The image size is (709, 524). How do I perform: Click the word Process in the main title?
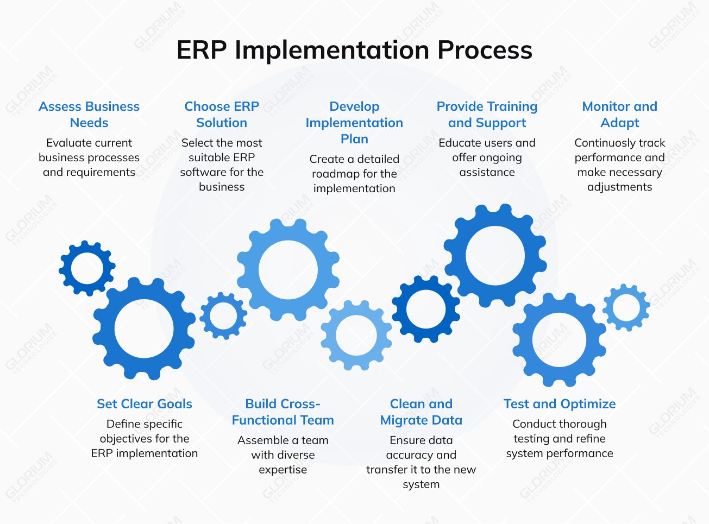485,50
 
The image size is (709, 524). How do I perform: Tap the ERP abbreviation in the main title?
202,50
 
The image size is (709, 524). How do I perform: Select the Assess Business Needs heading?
89,115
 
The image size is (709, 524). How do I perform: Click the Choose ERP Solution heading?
222,115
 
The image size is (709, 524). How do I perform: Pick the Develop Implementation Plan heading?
354,123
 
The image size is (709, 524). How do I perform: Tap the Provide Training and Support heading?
487,115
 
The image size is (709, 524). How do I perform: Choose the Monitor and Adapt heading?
619,115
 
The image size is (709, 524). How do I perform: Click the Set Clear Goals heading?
145,404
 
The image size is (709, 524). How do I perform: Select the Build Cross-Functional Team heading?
283,412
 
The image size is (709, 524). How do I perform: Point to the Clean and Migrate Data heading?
421,412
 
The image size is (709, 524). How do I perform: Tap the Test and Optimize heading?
560,404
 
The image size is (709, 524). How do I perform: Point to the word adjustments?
619,187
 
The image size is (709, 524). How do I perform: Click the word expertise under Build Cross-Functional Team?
283,470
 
